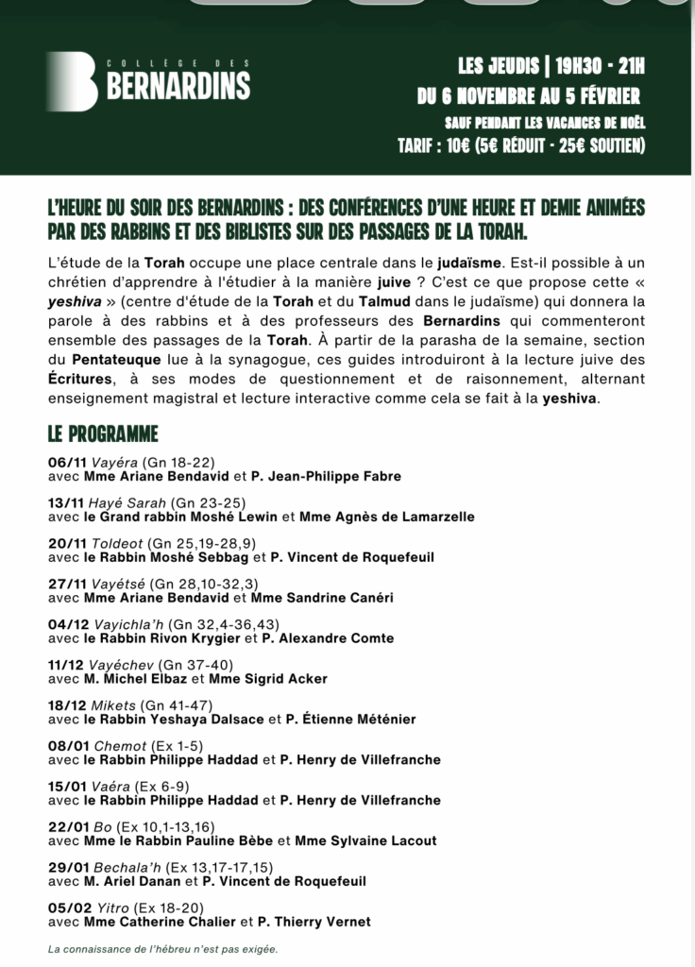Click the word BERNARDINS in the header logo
click(x=178, y=88)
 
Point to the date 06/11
click(x=66, y=462)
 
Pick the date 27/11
click(x=66, y=584)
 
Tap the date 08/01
click(x=67, y=746)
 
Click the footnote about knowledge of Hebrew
click(x=163, y=949)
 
